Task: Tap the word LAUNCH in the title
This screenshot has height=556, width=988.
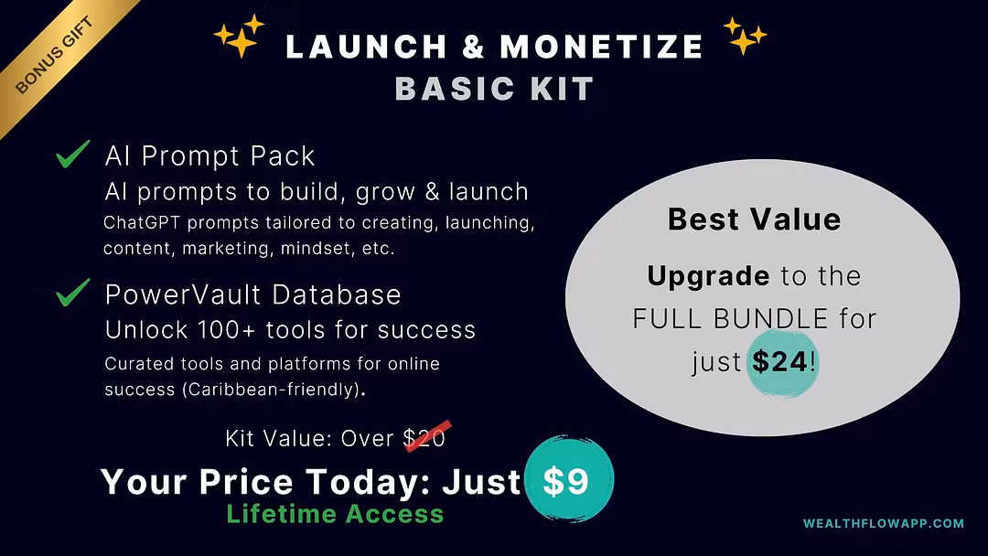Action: (x=366, y=47)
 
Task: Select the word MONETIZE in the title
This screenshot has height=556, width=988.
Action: (x=601, y=47)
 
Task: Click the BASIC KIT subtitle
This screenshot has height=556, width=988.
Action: (x=495, y=88)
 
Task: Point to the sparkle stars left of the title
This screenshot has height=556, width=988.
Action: (x=240, y=36)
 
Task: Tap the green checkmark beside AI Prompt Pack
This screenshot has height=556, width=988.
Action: (x=72, y=155)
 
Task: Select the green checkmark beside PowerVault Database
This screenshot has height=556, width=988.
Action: (x=72, y=293)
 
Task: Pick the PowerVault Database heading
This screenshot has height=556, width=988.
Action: (x=252, y=294)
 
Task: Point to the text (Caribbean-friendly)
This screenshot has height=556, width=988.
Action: (x=273, y=390)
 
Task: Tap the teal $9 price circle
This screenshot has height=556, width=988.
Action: (x=569, y=479)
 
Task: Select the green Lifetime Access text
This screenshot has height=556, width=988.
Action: (x=335, y=514)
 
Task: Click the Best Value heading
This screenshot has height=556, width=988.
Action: (x=754, y=219)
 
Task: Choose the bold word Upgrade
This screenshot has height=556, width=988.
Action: (x=708, y=276)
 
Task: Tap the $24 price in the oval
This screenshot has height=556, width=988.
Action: (x=780, y=361)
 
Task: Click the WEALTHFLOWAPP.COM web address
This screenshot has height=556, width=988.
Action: (x=884, y=523)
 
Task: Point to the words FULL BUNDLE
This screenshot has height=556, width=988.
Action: (x=730, y=319)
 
